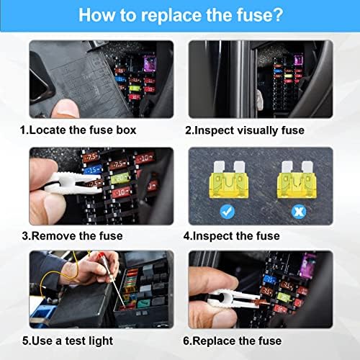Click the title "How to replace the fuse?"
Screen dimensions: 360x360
(179, 14)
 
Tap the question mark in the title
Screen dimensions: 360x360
(277, 14)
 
